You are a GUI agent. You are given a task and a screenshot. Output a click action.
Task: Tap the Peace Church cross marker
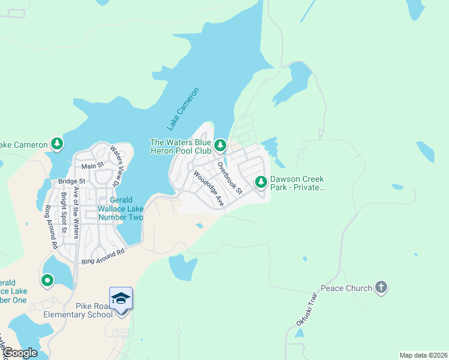(381, 287)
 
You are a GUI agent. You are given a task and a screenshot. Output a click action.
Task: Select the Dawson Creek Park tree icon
(261, 181)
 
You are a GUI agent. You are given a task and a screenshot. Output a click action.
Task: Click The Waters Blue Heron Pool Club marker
(220, 145)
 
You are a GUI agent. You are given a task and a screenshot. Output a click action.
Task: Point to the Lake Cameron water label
(182, 109)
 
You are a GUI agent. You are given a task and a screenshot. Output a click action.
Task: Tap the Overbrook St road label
(229, 178)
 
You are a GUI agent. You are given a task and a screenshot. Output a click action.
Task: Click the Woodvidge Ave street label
(208, 189)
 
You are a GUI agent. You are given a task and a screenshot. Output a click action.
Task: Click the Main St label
(92, 166)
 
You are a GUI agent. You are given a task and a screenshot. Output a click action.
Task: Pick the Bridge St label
(72, 181)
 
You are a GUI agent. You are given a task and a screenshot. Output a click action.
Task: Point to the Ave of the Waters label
(76, 212)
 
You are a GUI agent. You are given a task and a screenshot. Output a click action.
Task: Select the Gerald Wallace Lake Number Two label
(120, 208)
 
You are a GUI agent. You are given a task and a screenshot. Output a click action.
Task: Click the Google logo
(19, 353)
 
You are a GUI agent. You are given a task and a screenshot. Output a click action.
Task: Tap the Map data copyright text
(423, 355)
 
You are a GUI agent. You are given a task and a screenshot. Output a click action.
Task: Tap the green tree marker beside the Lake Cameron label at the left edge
(57, 143)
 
